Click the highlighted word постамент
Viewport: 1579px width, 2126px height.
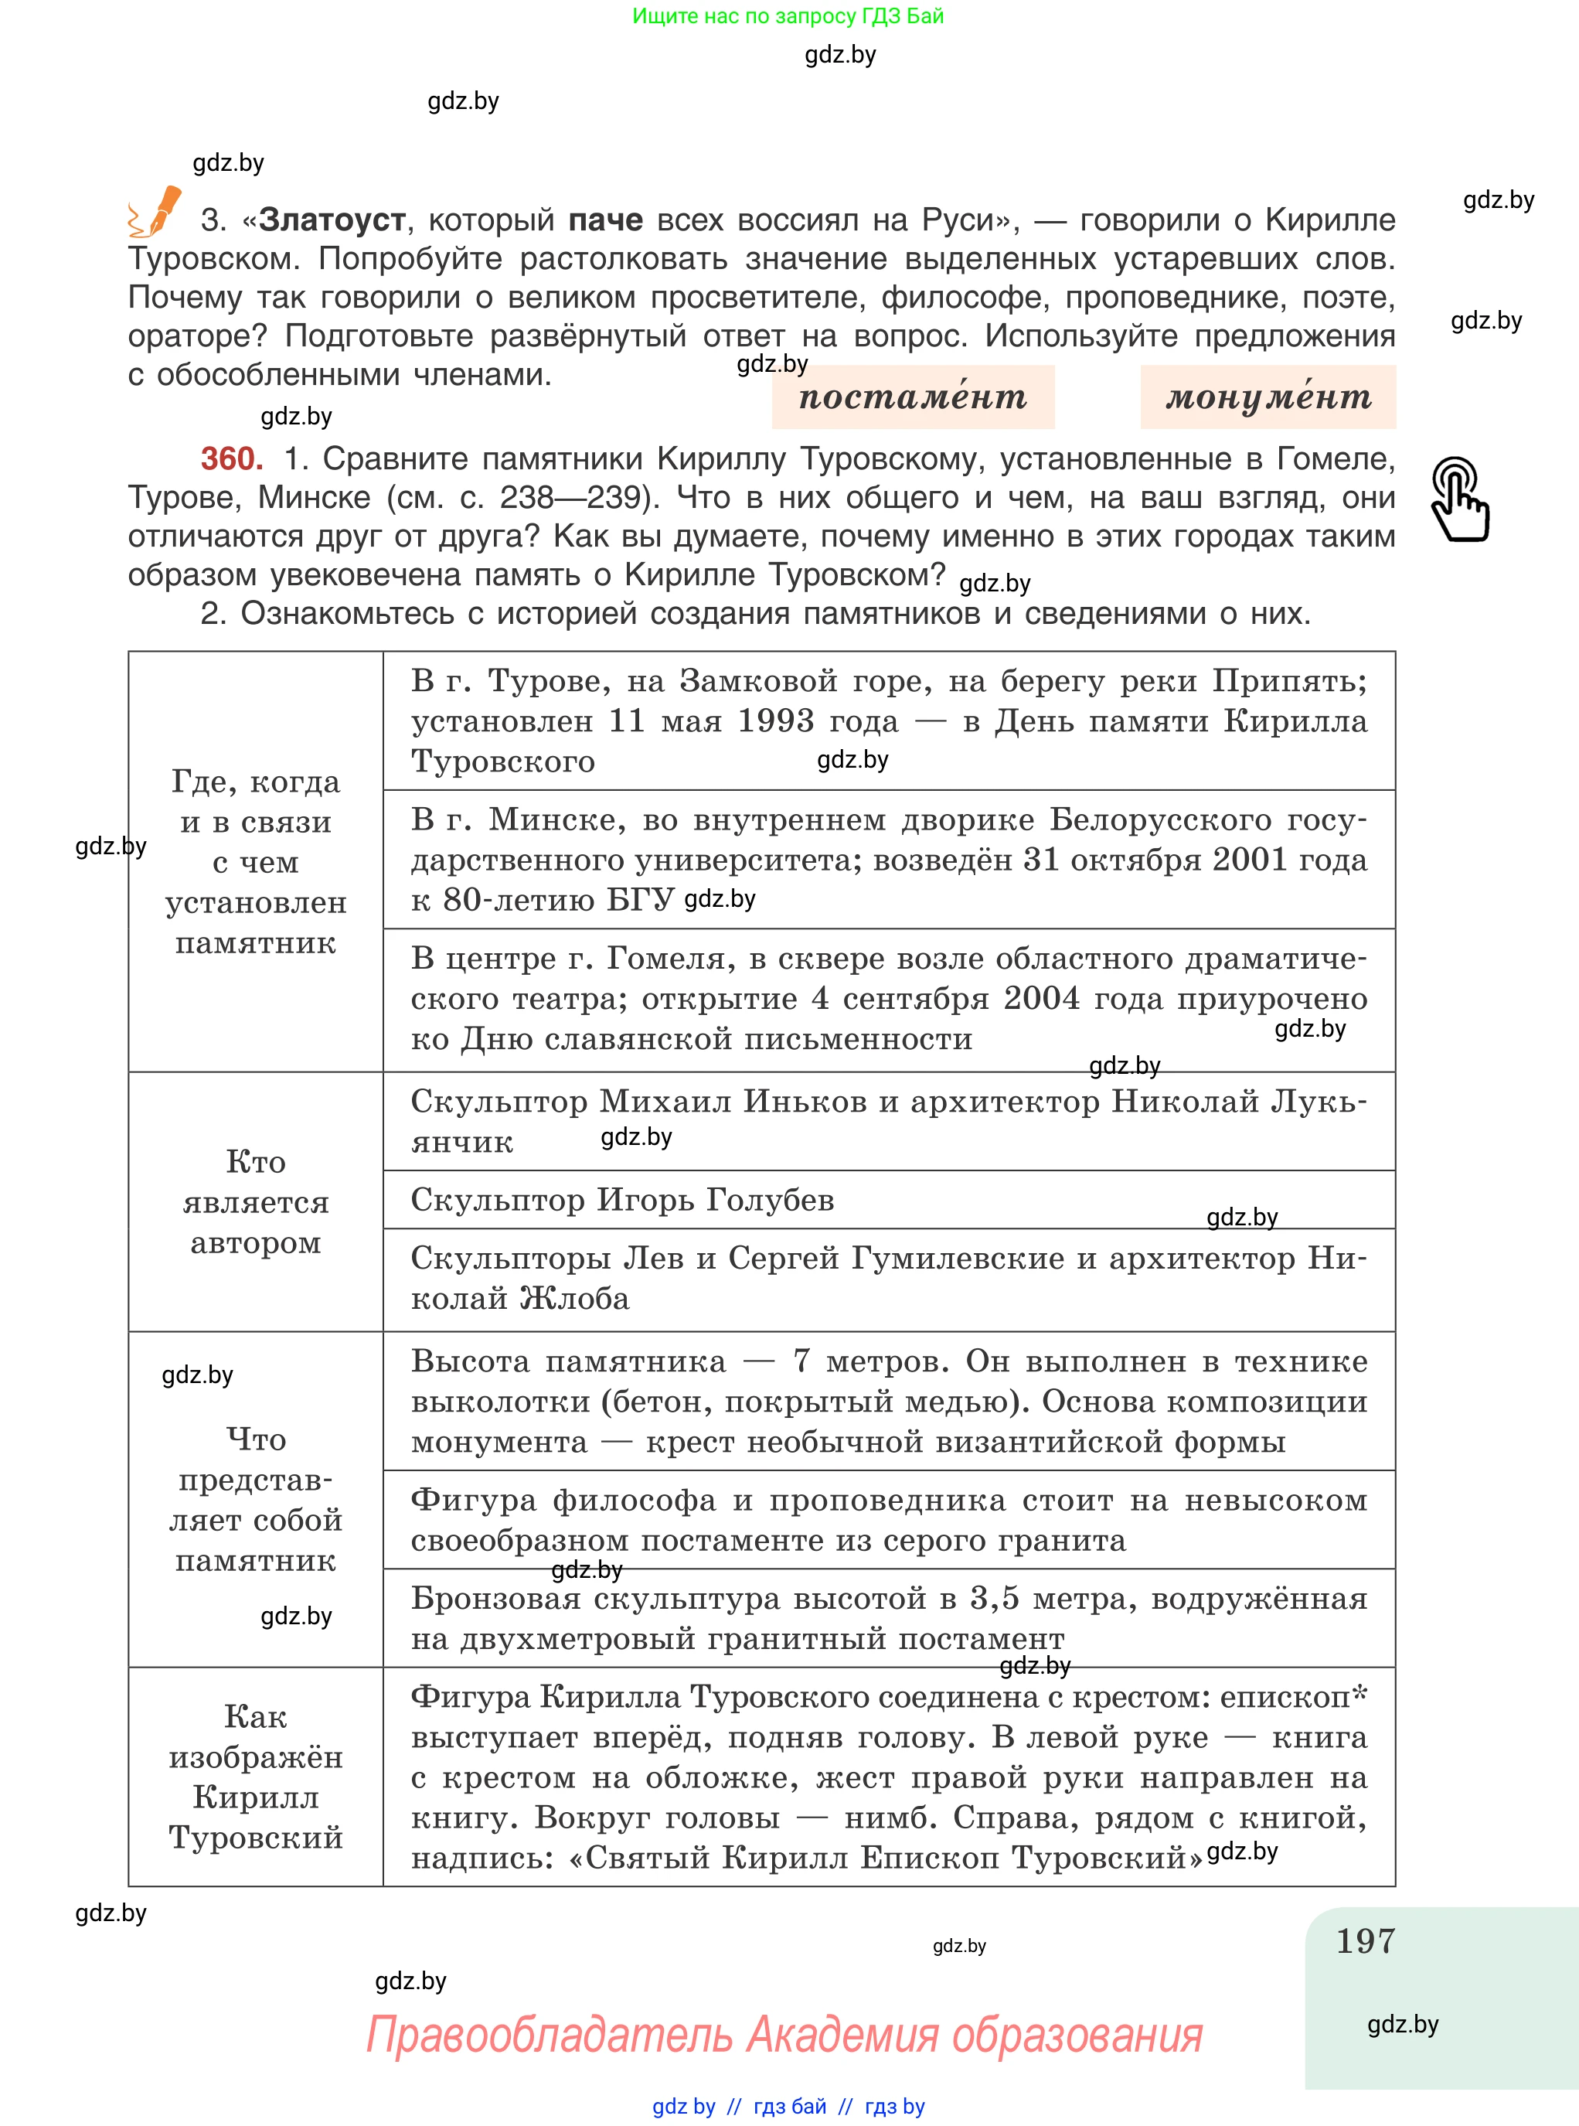[912, 397]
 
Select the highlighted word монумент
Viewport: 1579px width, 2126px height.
[1268, 397]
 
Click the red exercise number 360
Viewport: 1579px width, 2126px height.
[231, 459]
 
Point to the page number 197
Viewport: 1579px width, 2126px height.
[1365, 1940]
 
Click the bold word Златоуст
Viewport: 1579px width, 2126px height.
[332, 220]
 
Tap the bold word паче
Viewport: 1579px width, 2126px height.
[605, 220]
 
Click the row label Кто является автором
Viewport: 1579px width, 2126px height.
[255, 1201]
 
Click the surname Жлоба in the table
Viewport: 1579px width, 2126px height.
[574, 1299]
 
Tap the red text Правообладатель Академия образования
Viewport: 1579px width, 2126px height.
[784, 2034]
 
